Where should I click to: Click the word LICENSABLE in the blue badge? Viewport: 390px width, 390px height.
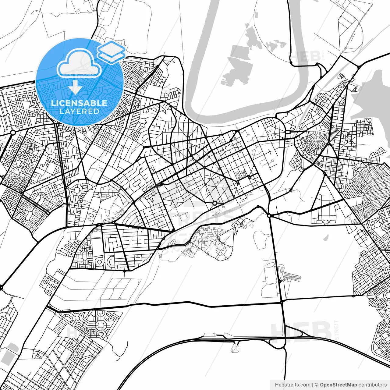click(79, 103)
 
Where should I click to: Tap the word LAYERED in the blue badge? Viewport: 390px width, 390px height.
click(79, 111)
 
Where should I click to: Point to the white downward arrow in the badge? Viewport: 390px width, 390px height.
click(75, 87)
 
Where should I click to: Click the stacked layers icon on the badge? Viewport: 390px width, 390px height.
click(112, 51)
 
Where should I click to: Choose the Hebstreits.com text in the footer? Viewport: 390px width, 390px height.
click(292, 385)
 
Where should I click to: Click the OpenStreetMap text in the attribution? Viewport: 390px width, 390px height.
click(339, 385)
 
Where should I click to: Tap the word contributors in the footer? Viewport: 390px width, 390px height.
click(372, 385)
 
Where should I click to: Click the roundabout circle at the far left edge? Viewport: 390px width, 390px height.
click(13, 133)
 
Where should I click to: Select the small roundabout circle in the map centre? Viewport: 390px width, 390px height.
click(215, 203)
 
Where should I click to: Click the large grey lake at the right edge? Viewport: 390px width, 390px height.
click(373, 97)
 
